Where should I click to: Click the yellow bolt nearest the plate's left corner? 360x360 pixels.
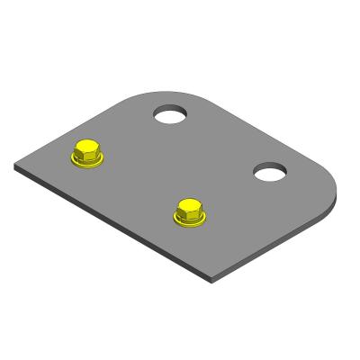pos(88,153)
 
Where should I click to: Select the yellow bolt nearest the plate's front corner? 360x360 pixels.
pos(190,211)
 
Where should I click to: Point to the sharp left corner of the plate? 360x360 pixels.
pos(17,166)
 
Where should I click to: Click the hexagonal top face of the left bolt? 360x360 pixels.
pos(88,147)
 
